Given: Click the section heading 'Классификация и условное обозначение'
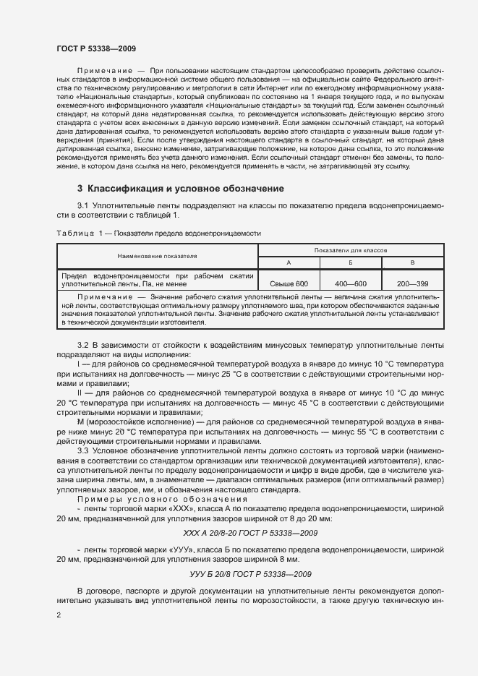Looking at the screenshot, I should [181, 189].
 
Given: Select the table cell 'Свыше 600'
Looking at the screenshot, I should [289, 284].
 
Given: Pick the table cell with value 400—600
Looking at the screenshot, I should [351, 284].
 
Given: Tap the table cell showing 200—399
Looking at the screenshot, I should [412, 284].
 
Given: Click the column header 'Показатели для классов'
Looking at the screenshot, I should [351, 249].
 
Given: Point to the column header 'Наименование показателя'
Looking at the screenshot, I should [158, 256].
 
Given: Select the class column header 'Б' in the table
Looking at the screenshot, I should [351, 262].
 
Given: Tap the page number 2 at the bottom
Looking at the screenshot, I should [59, 615].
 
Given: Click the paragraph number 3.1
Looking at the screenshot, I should [83, 205].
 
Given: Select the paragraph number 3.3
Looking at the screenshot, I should [83, 450].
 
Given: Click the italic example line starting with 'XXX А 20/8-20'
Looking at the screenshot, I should [250, 533].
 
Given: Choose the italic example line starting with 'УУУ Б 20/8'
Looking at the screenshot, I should [250, 574].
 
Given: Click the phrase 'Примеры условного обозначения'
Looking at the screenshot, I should [162, 500].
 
